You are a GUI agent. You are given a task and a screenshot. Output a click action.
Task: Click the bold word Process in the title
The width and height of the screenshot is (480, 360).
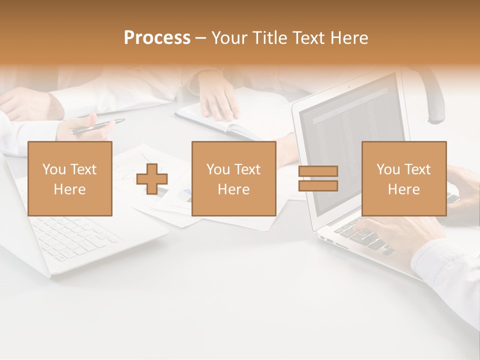(157, 38)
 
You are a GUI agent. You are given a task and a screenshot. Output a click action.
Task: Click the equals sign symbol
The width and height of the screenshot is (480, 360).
(318, 178)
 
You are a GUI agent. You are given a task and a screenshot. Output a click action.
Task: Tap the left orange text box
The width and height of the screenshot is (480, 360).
(70, 178)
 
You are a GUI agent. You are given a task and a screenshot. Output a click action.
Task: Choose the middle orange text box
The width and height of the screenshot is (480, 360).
(233, 178)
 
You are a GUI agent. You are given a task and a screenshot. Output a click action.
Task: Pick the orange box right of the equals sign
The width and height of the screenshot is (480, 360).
(403, 178)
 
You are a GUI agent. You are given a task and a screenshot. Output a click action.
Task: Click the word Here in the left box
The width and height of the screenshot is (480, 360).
(69, 189)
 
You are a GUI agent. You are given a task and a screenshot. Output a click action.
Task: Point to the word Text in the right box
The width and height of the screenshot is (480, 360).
(417, 169)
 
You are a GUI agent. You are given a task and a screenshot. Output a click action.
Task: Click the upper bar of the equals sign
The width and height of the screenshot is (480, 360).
(318, 171)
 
